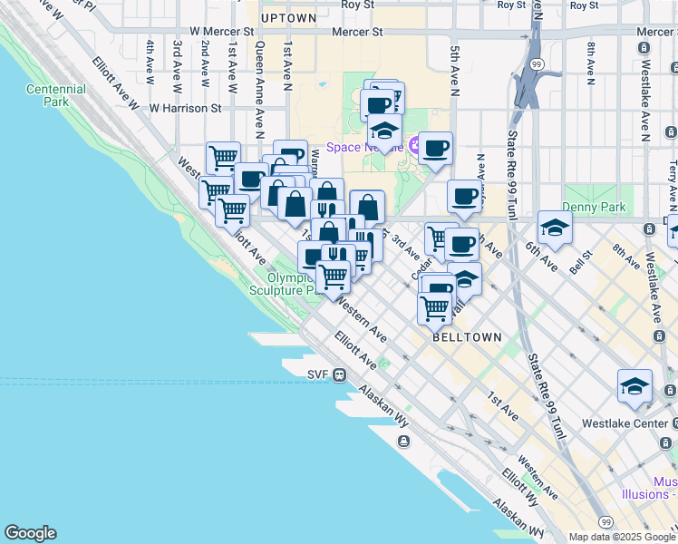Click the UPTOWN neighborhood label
[288, 18]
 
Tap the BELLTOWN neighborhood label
[467, 337]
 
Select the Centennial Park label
[56, 95]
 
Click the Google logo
[30, 533]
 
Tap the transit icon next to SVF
[339, 374]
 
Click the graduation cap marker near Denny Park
[554, 227]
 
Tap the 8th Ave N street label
[590, 63]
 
